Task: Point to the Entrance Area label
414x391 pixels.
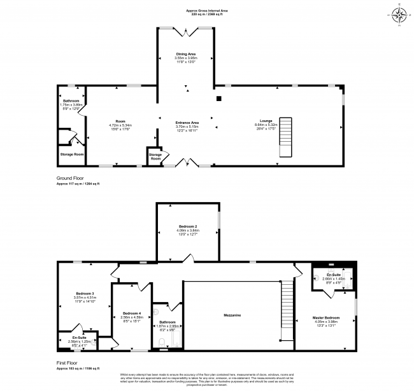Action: (187, 125)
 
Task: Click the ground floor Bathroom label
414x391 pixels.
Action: (71, 104)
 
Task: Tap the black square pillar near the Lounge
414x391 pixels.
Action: (218, 99)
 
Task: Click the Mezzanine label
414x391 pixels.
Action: (231, 315)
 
